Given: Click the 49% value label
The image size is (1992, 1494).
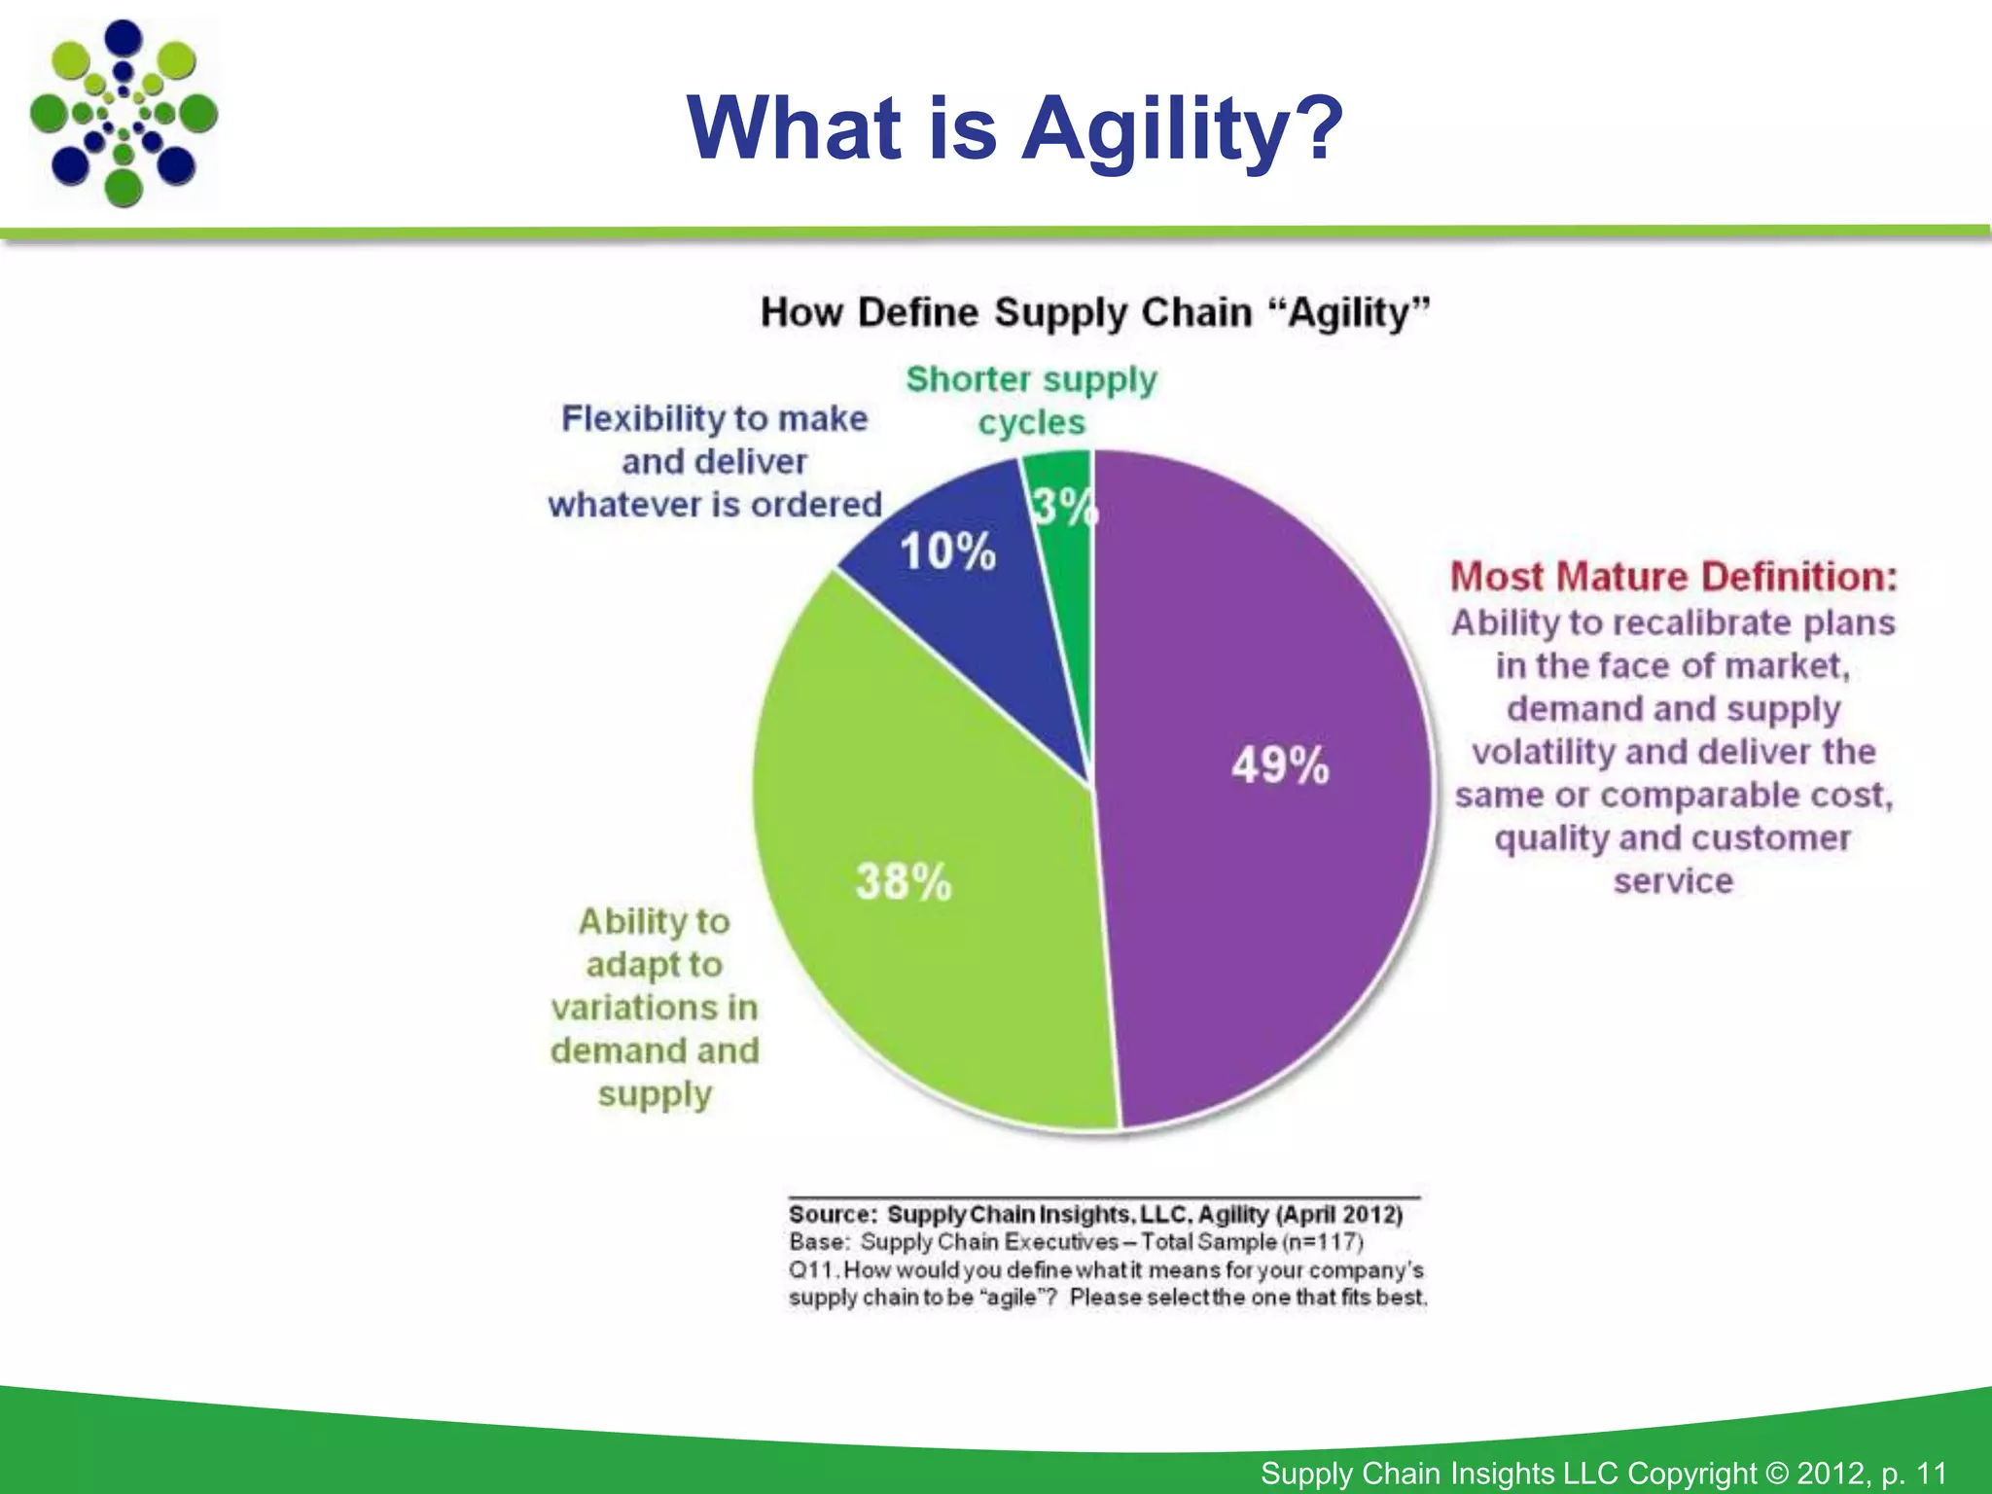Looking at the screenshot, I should point(1279,765).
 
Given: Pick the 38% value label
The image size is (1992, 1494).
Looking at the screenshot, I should point(904,882).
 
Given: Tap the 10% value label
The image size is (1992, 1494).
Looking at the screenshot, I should point(947,551).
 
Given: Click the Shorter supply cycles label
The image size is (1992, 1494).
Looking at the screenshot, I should point(1031,400).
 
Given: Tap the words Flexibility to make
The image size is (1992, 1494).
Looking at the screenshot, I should point(714,418).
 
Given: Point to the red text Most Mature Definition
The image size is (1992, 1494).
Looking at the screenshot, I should point(1673,577).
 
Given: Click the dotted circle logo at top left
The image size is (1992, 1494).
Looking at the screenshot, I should point(124,114).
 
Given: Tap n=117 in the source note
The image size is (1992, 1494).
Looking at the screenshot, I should point(1322,1242).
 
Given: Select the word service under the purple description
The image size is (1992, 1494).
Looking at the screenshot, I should point(1673,881).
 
